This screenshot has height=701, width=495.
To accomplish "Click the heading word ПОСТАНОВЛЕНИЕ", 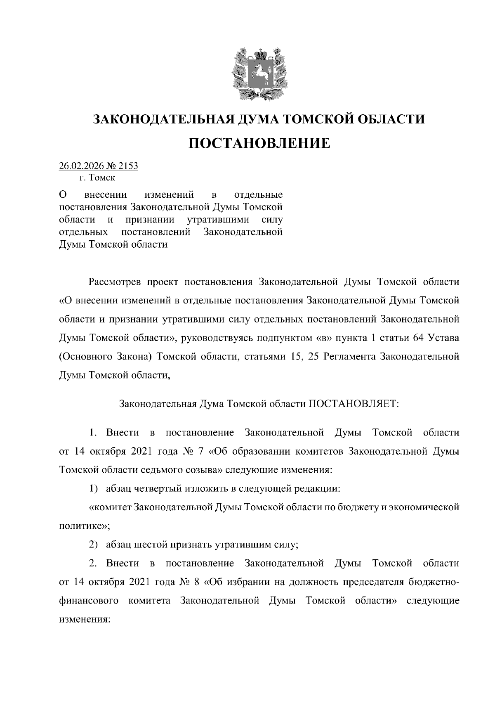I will coord(259,143).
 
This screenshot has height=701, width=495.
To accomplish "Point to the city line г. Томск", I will coord(98,178).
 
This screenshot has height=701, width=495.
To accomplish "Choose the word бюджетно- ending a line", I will coord(434,582).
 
